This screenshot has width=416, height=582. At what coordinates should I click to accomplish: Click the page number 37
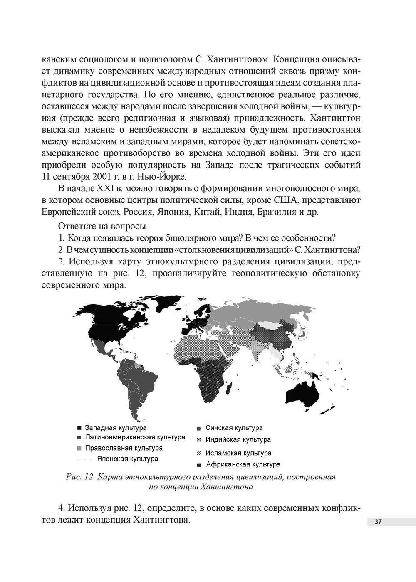378,522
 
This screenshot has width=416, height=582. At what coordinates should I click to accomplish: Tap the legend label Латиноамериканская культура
135,437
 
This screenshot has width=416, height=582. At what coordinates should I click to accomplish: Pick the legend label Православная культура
124,448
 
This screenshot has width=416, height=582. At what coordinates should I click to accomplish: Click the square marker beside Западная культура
79,428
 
